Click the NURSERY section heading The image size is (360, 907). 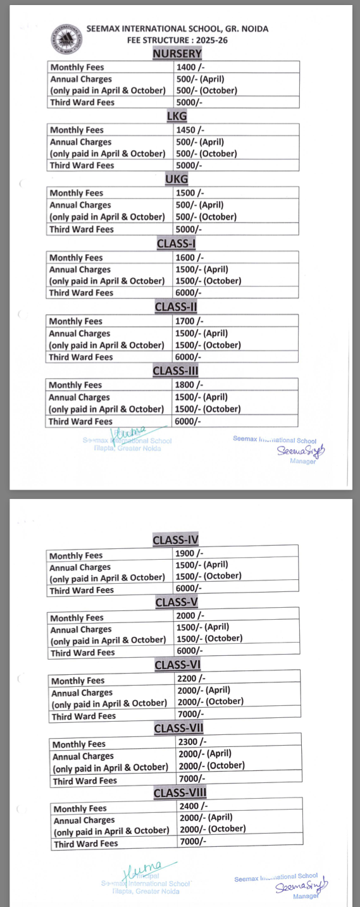click(x=177, y=54)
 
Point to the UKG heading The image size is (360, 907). click(x=177, y=180)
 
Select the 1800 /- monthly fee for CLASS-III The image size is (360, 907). click(x=189, y=385)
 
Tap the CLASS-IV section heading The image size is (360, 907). click(x=176, y=540)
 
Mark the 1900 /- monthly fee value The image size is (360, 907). click(x=190, y=553)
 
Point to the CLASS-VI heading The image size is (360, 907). click(x=177, y=665)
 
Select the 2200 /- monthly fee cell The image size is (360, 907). click(x=192, y=679)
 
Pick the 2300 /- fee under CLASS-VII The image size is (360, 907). click(x=192, y=742)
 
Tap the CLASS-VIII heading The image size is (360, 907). click(x=180, y=793)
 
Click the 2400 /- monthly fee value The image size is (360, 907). click(x=194, y=806)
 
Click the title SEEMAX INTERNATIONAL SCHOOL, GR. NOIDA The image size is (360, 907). click(x=177, y=29)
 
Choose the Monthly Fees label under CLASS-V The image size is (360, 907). click(x=77, y=618)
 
